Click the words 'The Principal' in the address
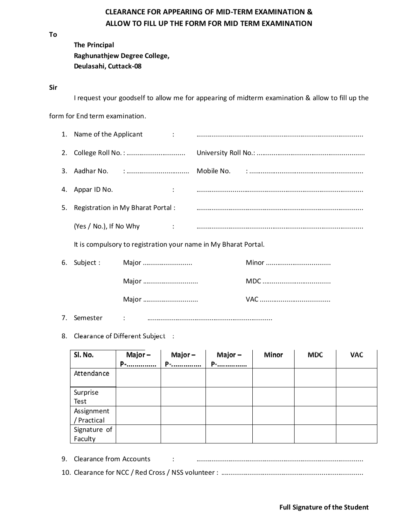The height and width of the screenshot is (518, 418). click(x=94, y=45)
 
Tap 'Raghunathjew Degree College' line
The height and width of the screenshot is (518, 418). click(x=122, y=56)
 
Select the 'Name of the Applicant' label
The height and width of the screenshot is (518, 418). click(x=108, y=134)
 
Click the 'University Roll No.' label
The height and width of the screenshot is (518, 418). click(x=226, y=153)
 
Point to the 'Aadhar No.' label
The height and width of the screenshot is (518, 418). click(x=91, y=171)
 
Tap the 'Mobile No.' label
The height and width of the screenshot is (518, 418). click(x=213, y=171)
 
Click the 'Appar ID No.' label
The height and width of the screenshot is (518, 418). click(x=93, y=189)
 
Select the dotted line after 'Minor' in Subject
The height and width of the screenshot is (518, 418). click(x=298, y=263)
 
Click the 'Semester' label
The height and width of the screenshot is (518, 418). click(x=88, y=318)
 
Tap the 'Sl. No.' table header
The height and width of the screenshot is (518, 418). click(x=84, y=355)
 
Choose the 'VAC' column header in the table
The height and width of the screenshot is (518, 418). click(x=356, y=355)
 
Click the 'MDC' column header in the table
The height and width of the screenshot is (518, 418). click(x=315, y=355)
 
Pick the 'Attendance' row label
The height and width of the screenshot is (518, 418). click(x=91, y=373)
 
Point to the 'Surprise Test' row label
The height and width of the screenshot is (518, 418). click(x=86, y=397)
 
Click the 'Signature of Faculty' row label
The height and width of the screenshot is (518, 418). click(x=93, y=434)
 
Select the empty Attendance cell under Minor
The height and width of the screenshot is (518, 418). click(x=273, y=378)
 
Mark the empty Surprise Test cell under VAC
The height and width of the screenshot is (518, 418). click(x=356, y=397)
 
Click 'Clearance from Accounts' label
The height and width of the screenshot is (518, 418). click(x=112, y=459)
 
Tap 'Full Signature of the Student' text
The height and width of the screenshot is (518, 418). click(x=324, y=507)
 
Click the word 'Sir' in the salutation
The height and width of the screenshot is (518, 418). click(x=53, y=87)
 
